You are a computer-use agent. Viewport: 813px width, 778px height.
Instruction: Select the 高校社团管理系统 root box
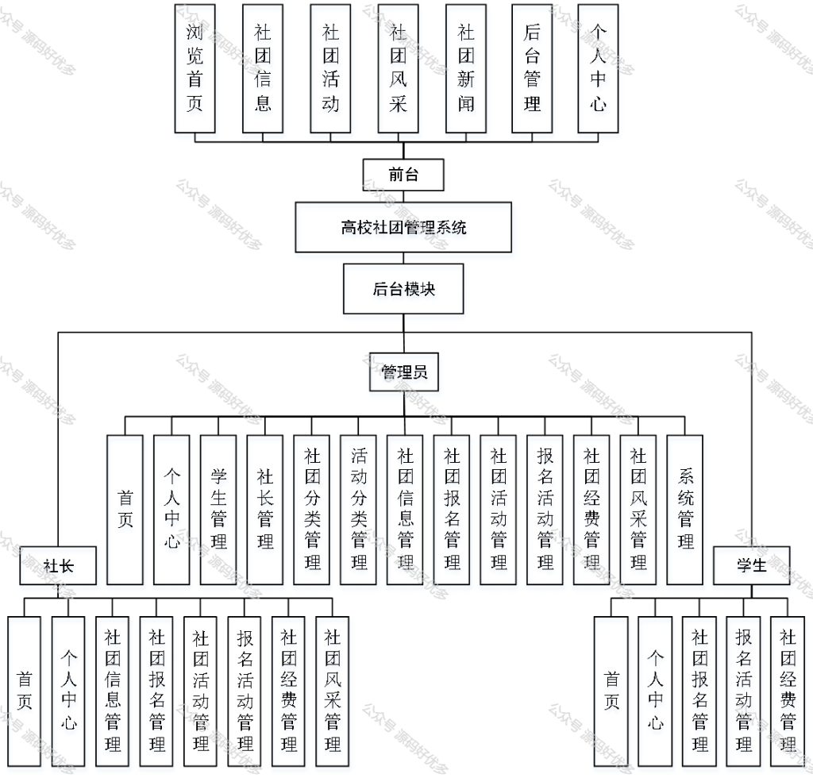[x=403, y=228]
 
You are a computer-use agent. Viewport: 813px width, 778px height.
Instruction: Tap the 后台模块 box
[x=403, y=289]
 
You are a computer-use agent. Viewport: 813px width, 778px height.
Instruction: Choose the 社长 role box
[x=59, y=565]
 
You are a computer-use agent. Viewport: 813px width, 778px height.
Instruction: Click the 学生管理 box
[x=218, y=509]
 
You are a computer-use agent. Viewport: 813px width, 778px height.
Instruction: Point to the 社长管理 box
[x=265, y=509]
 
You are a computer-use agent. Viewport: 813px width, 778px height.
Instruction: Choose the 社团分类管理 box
[x=312, y=509]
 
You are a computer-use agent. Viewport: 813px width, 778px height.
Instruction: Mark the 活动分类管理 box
[x=359, y=509]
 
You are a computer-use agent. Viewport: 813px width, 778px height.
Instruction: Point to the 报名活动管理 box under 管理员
[x=545, y=509]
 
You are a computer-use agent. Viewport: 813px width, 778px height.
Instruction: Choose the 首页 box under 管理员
[x=125, y=509]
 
